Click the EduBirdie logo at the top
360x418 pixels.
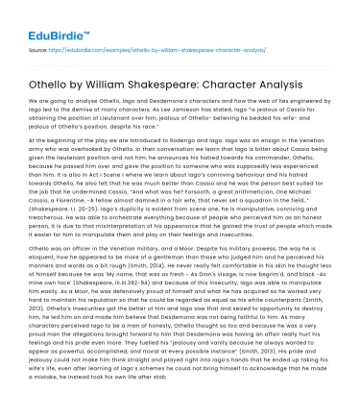(40, 18)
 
